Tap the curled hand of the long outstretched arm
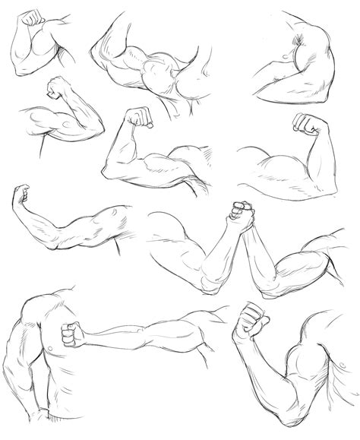[23, 195]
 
